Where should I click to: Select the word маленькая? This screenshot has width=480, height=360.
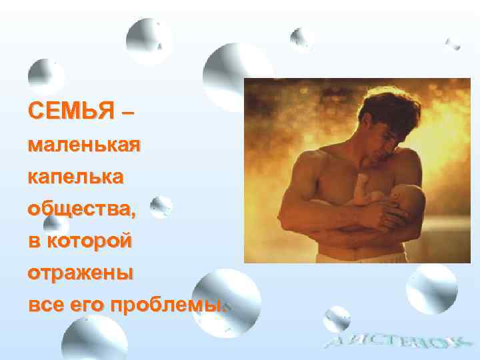[83, 145]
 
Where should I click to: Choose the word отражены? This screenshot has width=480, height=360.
[80, 273]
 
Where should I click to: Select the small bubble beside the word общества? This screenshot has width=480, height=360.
[161, 207]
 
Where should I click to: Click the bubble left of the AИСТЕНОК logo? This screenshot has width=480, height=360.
[336, 319]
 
